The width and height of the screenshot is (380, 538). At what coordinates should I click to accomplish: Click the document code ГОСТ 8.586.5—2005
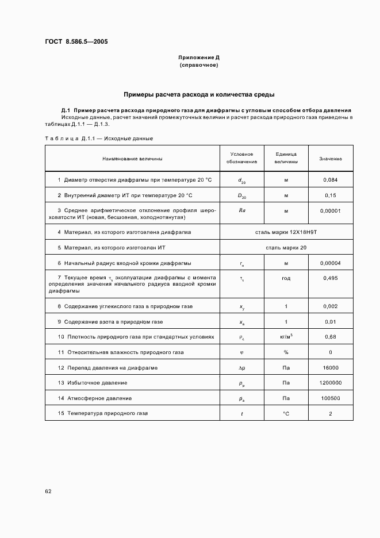pos(76,42)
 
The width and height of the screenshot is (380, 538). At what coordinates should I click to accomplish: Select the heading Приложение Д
pos(199,58)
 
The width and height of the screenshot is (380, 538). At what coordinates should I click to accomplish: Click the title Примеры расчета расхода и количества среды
pos(199,94)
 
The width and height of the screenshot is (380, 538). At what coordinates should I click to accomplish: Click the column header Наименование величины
pos(132,159)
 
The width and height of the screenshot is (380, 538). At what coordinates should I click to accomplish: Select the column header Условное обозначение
pos(241,158)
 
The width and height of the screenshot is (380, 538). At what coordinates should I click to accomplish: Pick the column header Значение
pos(331,159)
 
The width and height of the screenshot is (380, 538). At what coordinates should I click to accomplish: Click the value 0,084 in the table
pos(331,180)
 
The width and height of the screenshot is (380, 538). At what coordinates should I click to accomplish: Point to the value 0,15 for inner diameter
pos(331,195)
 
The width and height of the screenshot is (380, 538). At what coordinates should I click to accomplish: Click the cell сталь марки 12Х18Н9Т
pos(286,232)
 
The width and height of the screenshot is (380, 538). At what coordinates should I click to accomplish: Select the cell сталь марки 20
pos(286,248)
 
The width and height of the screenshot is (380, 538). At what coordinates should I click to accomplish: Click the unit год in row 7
pos(286,278)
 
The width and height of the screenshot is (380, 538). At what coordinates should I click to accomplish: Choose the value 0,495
pos(331,278)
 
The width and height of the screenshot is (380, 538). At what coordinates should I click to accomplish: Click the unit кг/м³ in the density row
pos(286,336)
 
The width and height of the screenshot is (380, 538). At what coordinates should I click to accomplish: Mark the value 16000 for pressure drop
pos(331,367)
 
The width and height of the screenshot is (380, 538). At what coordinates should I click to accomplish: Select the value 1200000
pos(331,383)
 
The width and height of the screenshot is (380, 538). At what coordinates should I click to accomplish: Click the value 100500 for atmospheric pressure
pos(331,398)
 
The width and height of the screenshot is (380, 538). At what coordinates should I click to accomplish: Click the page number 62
pos(48,491)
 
